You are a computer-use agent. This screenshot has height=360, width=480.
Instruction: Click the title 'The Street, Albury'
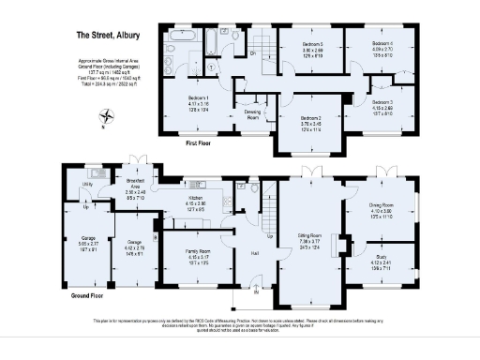pyautogui.click(x=108, y=36)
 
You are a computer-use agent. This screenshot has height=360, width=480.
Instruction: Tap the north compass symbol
pyautogui.click(x=109, y=117)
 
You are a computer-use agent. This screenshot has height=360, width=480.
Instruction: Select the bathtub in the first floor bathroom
pyautogui.click(x=181, y=36)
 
